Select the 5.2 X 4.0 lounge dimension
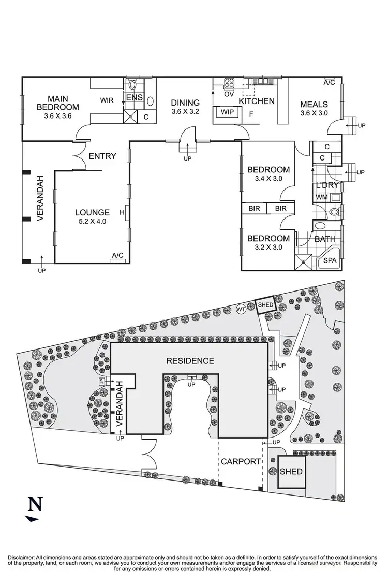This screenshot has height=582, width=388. coord(92,222)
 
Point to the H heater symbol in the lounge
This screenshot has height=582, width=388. coord(122,212)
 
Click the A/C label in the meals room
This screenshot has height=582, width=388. coord(329,82)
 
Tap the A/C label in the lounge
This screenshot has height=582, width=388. coord(118,255)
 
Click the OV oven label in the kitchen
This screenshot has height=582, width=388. coord(229,94)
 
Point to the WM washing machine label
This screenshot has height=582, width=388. coord(322,197)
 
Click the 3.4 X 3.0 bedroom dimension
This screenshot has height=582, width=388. coord(268,179)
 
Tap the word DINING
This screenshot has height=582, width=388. coord(185,102)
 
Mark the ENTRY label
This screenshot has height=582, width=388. coord(102,156)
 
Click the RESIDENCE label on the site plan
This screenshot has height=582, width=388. coord(190,361)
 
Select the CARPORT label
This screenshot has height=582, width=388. coord(241,461)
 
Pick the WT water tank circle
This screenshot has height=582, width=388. coord(241,309)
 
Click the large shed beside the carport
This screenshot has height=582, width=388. coord(291,472)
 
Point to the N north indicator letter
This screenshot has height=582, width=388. coord(35,503)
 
